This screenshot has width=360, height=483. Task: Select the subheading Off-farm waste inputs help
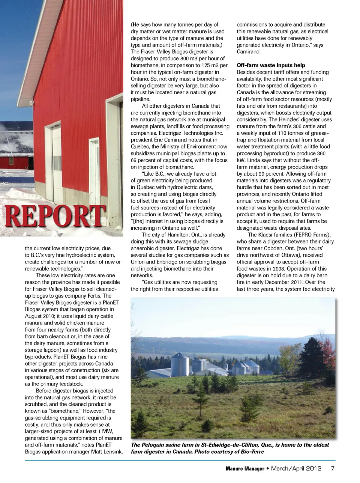tap(271, 65)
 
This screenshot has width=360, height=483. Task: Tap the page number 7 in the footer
tap(333, 468)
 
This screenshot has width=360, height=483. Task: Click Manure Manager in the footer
tap(245, 469)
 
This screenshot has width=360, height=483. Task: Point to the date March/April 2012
tap(296, 468)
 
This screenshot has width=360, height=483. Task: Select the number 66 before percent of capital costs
tap(134, 160)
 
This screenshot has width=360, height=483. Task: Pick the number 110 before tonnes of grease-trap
tap(282, 133)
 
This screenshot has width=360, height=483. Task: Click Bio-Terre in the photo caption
tap(252, 451)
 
